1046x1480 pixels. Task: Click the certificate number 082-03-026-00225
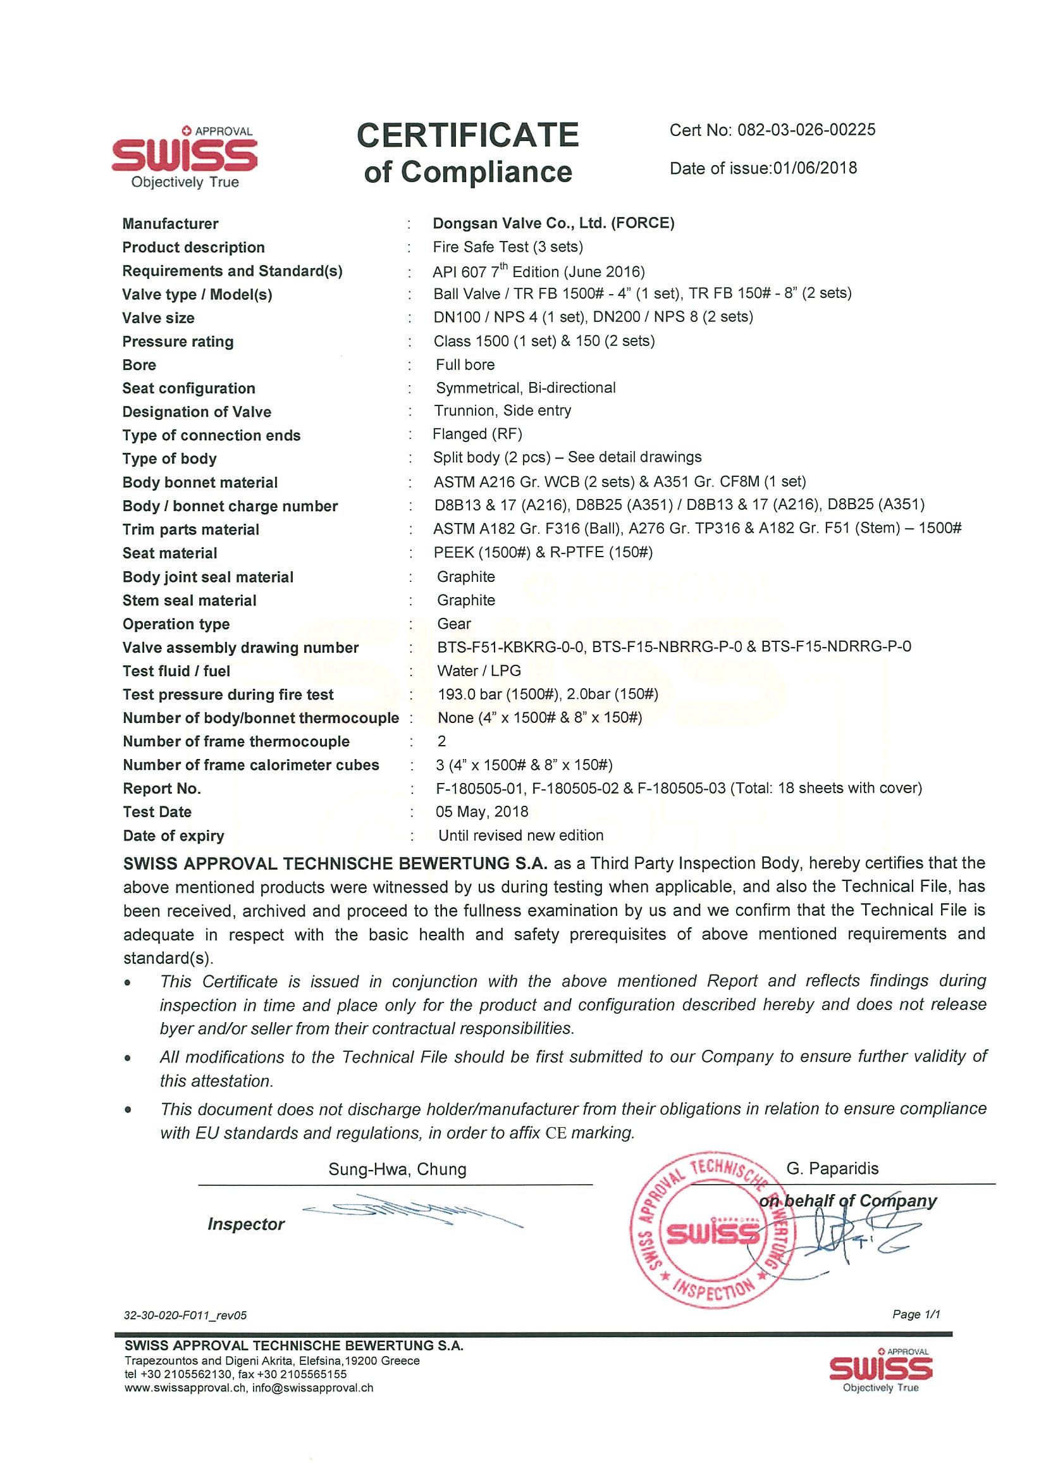pos(806,130)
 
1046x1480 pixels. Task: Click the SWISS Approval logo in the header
pos(184,157)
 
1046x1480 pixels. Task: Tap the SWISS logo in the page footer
pos(880,1369)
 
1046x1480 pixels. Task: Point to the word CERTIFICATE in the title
pos(468,135)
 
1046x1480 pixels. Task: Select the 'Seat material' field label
pos(169,553)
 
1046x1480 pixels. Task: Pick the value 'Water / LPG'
pos(478,671)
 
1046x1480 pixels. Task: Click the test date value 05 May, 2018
pos(481,811)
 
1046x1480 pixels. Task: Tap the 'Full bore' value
pos(465,365)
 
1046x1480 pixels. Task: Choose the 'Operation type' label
pos(176,624)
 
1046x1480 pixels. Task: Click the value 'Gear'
pos(453,624)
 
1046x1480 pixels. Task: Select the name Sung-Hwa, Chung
pos(397,1169)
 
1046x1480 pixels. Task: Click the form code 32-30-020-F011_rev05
pos(185,1316)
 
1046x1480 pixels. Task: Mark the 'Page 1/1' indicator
pos(916,1314)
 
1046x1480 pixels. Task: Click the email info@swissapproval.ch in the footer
pos(312,1388)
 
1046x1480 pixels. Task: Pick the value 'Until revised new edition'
pos(520,836)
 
